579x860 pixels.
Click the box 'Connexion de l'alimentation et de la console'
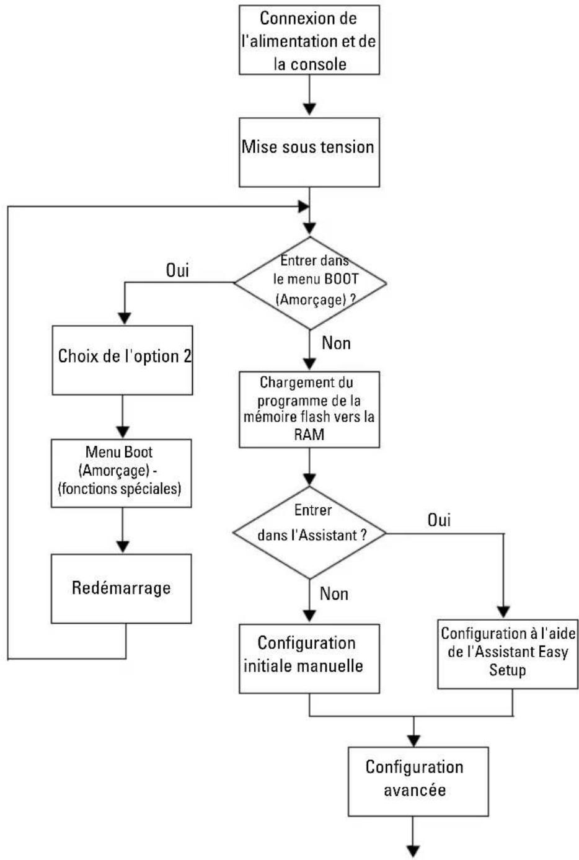pos(309,40)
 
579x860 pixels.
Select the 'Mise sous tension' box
pos(309,152)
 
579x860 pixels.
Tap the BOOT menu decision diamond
pos(310,283)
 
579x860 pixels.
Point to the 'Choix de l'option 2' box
pos(123,360)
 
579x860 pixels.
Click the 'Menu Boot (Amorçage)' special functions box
pos(122,473)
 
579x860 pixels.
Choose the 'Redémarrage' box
pos(122,588)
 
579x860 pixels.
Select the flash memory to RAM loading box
pos(309,409)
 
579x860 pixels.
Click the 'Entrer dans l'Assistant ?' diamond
pos(309,533)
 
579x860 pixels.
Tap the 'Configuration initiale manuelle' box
pos(309,659)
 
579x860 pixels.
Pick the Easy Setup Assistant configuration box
pos(508,654)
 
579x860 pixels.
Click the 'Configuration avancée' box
pos(418,782)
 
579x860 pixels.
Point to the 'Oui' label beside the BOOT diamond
pos(177,270)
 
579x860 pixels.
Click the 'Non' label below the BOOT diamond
pos(337,343)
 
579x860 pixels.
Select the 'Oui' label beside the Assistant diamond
pos(440,520)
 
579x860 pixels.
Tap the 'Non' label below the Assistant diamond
pos(334,594)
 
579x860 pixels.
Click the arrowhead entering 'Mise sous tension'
pos(309,109)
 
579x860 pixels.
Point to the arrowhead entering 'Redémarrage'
pos(123,547)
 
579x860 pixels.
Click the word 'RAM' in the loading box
pos(309,435)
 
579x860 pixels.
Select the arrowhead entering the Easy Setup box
pos(503,612)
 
